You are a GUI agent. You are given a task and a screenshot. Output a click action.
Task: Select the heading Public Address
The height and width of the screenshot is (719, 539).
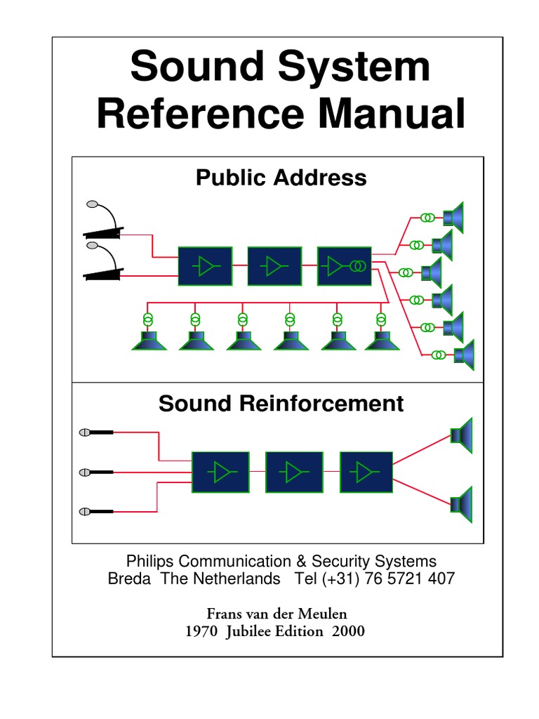281,178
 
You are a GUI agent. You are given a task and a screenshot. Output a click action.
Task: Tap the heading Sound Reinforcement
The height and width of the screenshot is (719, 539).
281,404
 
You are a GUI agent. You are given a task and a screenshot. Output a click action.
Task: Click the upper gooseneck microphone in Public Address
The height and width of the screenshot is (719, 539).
104,221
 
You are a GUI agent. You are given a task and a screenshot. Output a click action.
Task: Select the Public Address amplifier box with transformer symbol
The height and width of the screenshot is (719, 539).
344,267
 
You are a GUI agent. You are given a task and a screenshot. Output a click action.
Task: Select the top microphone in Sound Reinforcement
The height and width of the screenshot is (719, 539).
97,433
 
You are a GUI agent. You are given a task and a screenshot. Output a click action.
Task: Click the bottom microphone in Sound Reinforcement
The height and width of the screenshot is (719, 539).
97,511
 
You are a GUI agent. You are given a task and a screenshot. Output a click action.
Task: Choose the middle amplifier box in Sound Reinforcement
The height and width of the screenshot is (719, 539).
294,473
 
